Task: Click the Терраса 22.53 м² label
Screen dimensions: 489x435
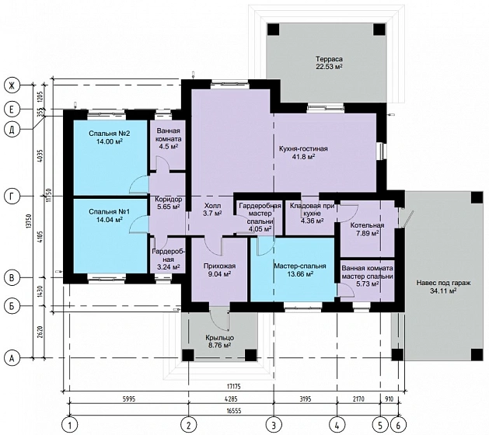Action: tap(329, 63)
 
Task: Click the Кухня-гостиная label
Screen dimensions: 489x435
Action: tap(303, 148)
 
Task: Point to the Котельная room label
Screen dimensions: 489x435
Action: tap(367, 225)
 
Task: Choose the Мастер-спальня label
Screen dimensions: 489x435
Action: tap(300, 266)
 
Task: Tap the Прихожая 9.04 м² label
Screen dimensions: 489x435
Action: tap(219, 270)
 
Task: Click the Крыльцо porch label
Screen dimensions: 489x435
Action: tap(219, 338)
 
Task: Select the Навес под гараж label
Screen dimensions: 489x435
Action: tap(443, 283)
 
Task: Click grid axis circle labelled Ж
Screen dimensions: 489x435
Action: tap(12, 85)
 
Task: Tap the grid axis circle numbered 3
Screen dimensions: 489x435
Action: tap(274, 424)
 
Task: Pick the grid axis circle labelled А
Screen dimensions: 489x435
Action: tap(12, 358)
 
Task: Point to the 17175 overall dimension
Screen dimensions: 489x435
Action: tap(234, 387)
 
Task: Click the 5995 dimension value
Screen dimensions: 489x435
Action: tap(128, 399)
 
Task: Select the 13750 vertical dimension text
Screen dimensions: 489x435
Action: tap(30, 222)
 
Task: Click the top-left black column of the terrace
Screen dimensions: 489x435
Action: tap(273, 30)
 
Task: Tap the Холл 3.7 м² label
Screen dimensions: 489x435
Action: tap(212, 210)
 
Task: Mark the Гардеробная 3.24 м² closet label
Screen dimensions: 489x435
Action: tap(168, 259)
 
